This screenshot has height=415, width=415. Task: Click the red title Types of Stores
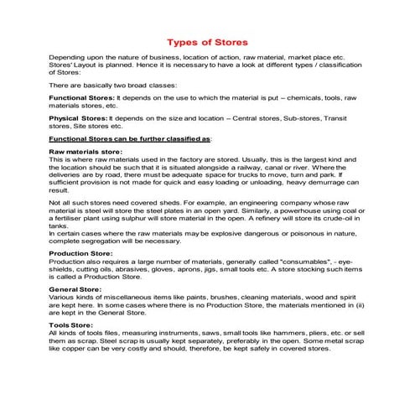point(207,41)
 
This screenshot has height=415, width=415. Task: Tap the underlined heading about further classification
point(131,138)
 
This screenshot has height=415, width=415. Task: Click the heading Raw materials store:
point(86,151)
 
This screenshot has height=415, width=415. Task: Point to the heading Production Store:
point(82,252)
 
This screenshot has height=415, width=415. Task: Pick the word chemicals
point(294,98)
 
